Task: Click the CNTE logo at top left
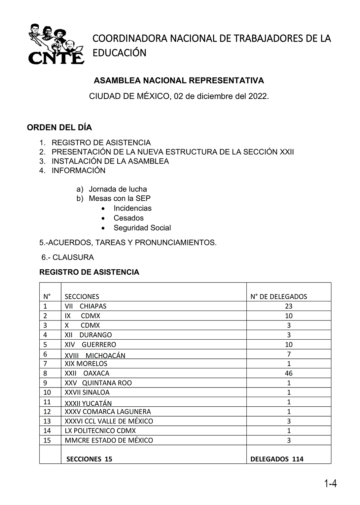click(55, 44)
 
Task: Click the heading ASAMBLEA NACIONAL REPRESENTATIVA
click(179, 81)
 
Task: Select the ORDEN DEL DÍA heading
click(59, 127)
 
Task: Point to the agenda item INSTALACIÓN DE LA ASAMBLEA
click(110, 161)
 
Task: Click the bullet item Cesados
click(128, 218)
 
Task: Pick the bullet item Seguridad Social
click(142, 228)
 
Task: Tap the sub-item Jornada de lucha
click(118, 189)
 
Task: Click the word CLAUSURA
click(73, 257)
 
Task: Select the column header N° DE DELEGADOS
click(278, 296)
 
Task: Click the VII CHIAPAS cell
click(86, 306)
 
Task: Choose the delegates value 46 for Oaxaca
click(288, 373)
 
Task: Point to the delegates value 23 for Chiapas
click(288, 306)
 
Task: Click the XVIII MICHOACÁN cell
click(95, 355)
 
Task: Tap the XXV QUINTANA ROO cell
click(98, 383)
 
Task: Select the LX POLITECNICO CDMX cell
click(100, 431)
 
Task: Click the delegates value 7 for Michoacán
click(289, 354)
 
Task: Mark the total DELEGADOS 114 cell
click(277, 459)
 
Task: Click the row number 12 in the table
click(47, 412)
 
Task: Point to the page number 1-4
click(330, 484)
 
